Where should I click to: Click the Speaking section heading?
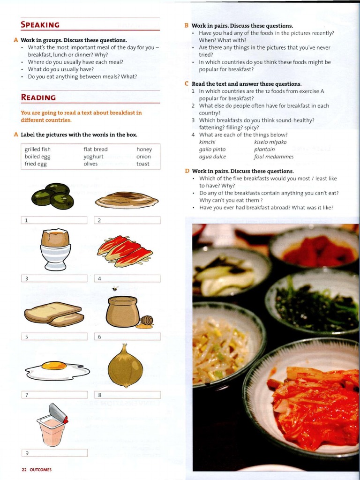tap(40, 25)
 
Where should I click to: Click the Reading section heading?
tap(38, 97)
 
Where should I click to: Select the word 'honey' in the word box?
tap(144, 150)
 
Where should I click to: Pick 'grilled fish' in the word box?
tap(37, 150)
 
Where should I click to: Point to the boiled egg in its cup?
tap(55, 248)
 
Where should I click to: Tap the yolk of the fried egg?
tap(54, 365)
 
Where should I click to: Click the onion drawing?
tap(125, 366)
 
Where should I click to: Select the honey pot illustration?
tap(123, 311)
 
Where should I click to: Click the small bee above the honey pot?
tap(115, 289)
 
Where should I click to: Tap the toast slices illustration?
tap(54, 314)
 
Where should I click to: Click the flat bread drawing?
tap(127, 200)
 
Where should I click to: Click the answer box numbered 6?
tap(127, 337)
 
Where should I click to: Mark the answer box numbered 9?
tap(54, 453)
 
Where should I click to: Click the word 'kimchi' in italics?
tap(207, 142)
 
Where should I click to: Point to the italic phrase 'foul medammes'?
tap(274, 157)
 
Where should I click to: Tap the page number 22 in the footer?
tap(24, 469)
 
